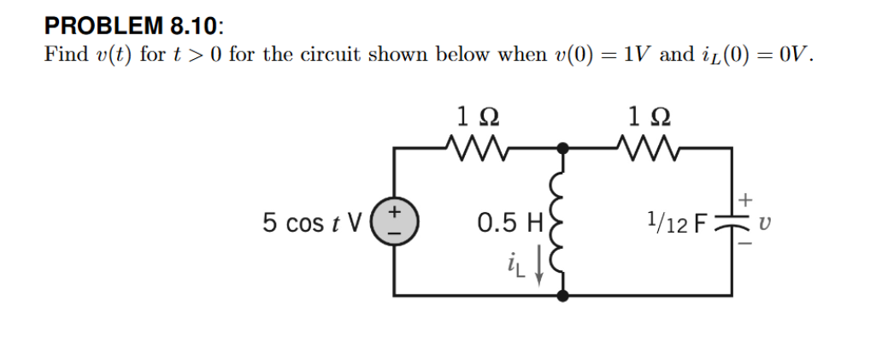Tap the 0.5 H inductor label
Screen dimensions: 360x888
(x=510, y=223)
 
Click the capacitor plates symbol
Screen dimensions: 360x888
(x=732, y=223)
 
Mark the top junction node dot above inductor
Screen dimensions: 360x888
(x=562, y=149)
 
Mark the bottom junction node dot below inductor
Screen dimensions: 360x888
(x=562, y=296)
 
